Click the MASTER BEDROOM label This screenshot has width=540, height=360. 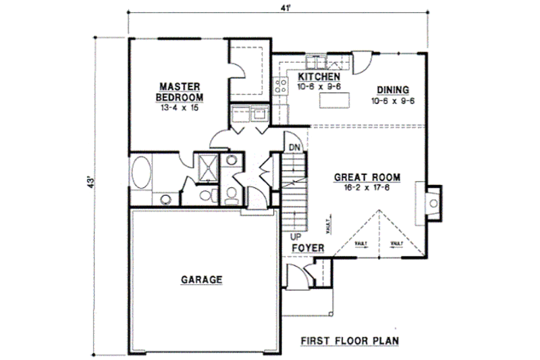point(180,91)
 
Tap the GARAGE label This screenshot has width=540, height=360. point(201,279)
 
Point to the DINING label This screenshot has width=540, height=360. point(393,90)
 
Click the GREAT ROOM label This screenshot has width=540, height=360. point(367,178)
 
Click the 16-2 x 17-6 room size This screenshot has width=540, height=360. point(367,188)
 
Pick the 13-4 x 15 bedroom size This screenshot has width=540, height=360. point(180,107)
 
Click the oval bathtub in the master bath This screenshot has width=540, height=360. point(142,173)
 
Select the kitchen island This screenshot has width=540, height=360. point(335,101)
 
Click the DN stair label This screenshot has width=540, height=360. point(294,147)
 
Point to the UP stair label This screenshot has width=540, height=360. point(296,237)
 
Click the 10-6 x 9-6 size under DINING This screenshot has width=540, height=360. point(393,101)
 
